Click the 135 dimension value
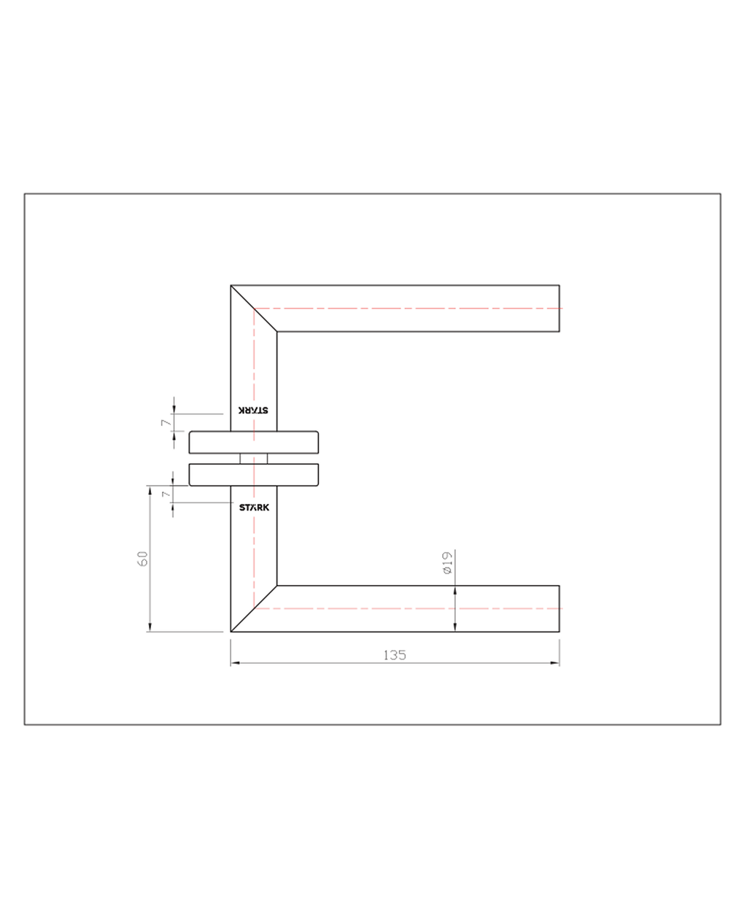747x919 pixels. [x=395, y=655]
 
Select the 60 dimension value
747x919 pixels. [x=142, y=559]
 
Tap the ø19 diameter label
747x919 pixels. [x=447, y=562]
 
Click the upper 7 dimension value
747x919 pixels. [x=166, y=422]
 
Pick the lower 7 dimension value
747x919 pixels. [x=166, y=494]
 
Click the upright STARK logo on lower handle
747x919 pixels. [x=254, y=508]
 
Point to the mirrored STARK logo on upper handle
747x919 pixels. [x=253, y=410]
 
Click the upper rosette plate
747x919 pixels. [x=254, y=442]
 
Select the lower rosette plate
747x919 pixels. [x=254, y=475]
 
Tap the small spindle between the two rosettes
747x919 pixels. [x=254, y=459]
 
